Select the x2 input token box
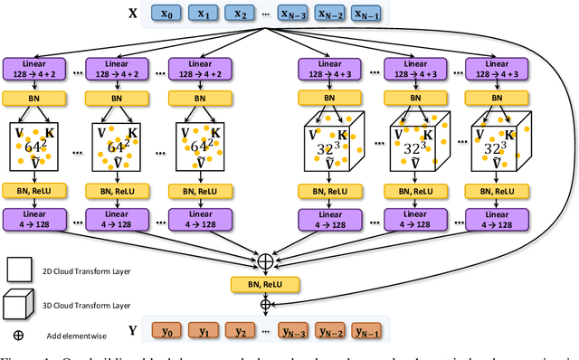tap(240, 14)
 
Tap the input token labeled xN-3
tap(295, 14)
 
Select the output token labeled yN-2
tap(333, 330)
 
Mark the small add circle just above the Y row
tap(265, 305)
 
